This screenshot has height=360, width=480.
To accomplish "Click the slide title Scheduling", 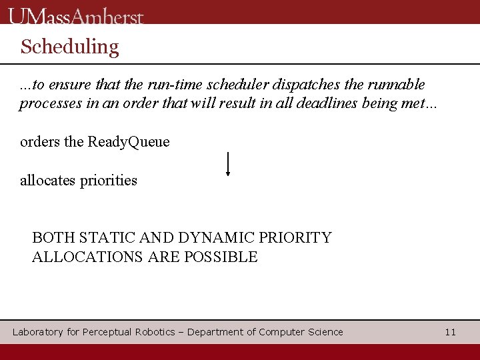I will pos(69,47).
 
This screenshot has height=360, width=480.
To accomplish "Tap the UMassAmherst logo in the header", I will pos(76,16).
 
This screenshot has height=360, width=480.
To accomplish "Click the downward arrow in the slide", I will pos(228,164).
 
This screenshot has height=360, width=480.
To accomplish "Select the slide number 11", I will pos(450,332).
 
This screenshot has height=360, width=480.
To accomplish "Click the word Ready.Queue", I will pos(129,142).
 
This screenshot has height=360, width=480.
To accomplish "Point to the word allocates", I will pos(48,181).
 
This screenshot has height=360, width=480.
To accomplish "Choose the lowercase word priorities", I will pos(109,181).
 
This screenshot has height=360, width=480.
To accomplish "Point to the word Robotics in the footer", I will pos(155,332).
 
